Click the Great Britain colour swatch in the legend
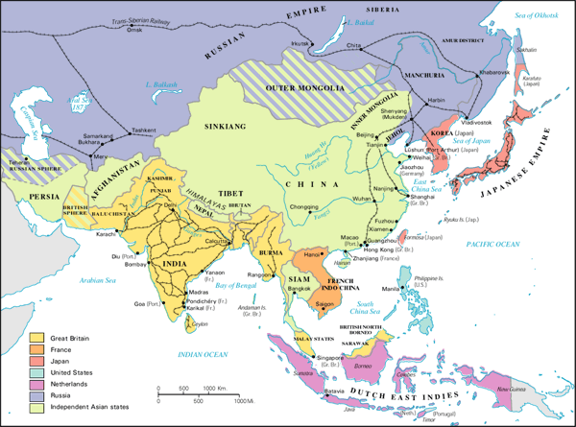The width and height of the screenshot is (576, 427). tap(37, 338)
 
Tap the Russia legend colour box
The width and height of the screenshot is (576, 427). tap(37, 396)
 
